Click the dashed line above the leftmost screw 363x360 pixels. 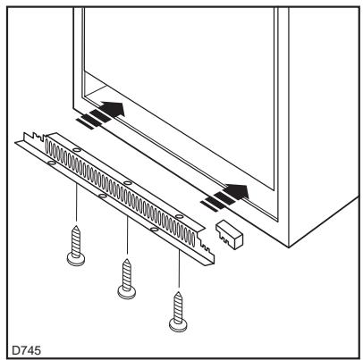(77, 201)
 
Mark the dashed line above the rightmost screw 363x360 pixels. (178, 268)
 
